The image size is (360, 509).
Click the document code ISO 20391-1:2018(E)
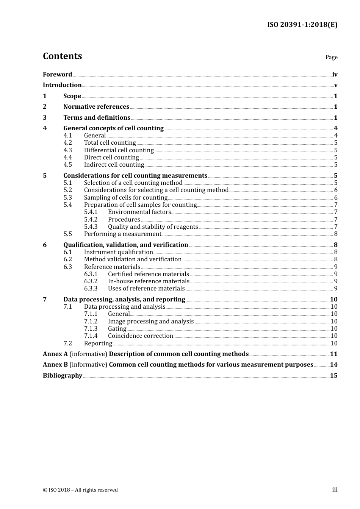click(x=302, y=25)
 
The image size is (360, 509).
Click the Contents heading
click(x=62, y=56)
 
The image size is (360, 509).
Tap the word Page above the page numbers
click(x=331, y=57)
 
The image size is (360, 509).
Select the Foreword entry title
click(x=57, y=75)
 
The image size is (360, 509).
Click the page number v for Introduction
click(x=335, y=85)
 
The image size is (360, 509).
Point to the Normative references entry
click(x=96, y=107)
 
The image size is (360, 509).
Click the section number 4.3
click(x=67, y=150)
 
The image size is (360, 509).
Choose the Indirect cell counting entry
click(x=114, y=165)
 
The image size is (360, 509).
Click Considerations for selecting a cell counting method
click(x=156, y=190)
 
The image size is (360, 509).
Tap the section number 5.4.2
click(x=91, y=220)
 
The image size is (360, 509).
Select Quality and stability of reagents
click(x=153, y=227)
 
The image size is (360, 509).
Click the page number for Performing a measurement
click(x=335, y=234)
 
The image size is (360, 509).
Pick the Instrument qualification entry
click(x=118, y=252)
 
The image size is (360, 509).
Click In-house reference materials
click(x=148, y=281)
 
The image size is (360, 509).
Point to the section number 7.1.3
click(x=91, y=329)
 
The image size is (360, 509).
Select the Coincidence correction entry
click(x=140, y=336)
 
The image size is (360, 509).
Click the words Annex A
click(x=55, y=354)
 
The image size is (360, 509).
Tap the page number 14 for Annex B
click(x=333, y=365)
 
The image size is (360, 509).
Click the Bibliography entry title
click(x=63, y=376)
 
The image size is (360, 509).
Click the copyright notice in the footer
click(x=80, y=490)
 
